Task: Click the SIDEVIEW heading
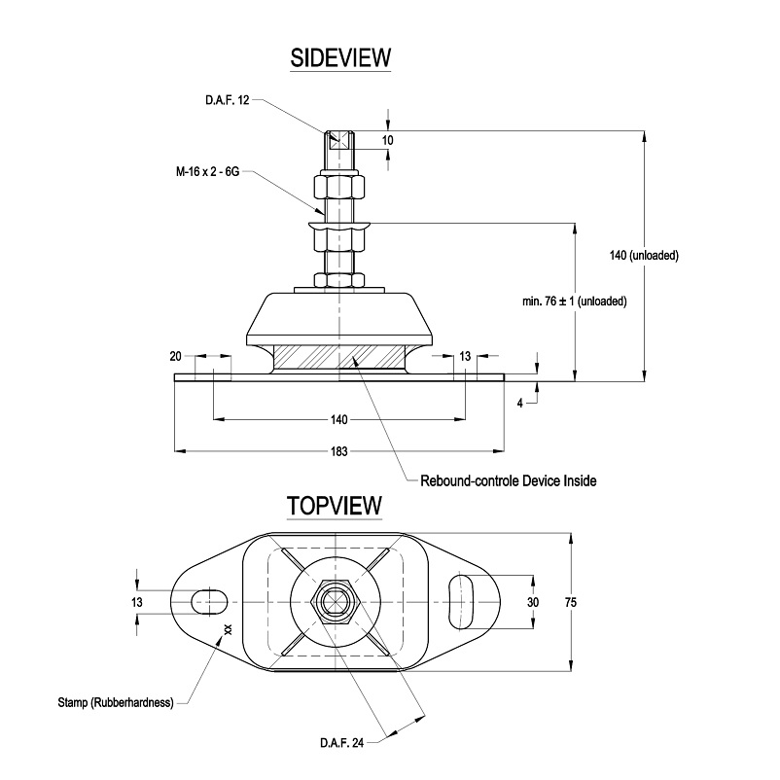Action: (340, 58)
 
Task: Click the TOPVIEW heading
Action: (334, 507)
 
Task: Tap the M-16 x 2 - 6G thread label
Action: (207, 171)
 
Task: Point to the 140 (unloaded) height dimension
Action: (643, 256)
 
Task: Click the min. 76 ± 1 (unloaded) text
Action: (574, 302)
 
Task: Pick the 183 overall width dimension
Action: (338, 451)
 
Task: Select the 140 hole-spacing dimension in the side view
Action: (338, 420)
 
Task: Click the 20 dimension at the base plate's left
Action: (175, 357)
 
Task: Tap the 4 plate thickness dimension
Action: (520, 402)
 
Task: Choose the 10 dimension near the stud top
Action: (387, 140)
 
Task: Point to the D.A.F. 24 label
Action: (341, 744)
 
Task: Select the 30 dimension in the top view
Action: (532, 603)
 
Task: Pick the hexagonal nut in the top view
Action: (337, 603)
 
